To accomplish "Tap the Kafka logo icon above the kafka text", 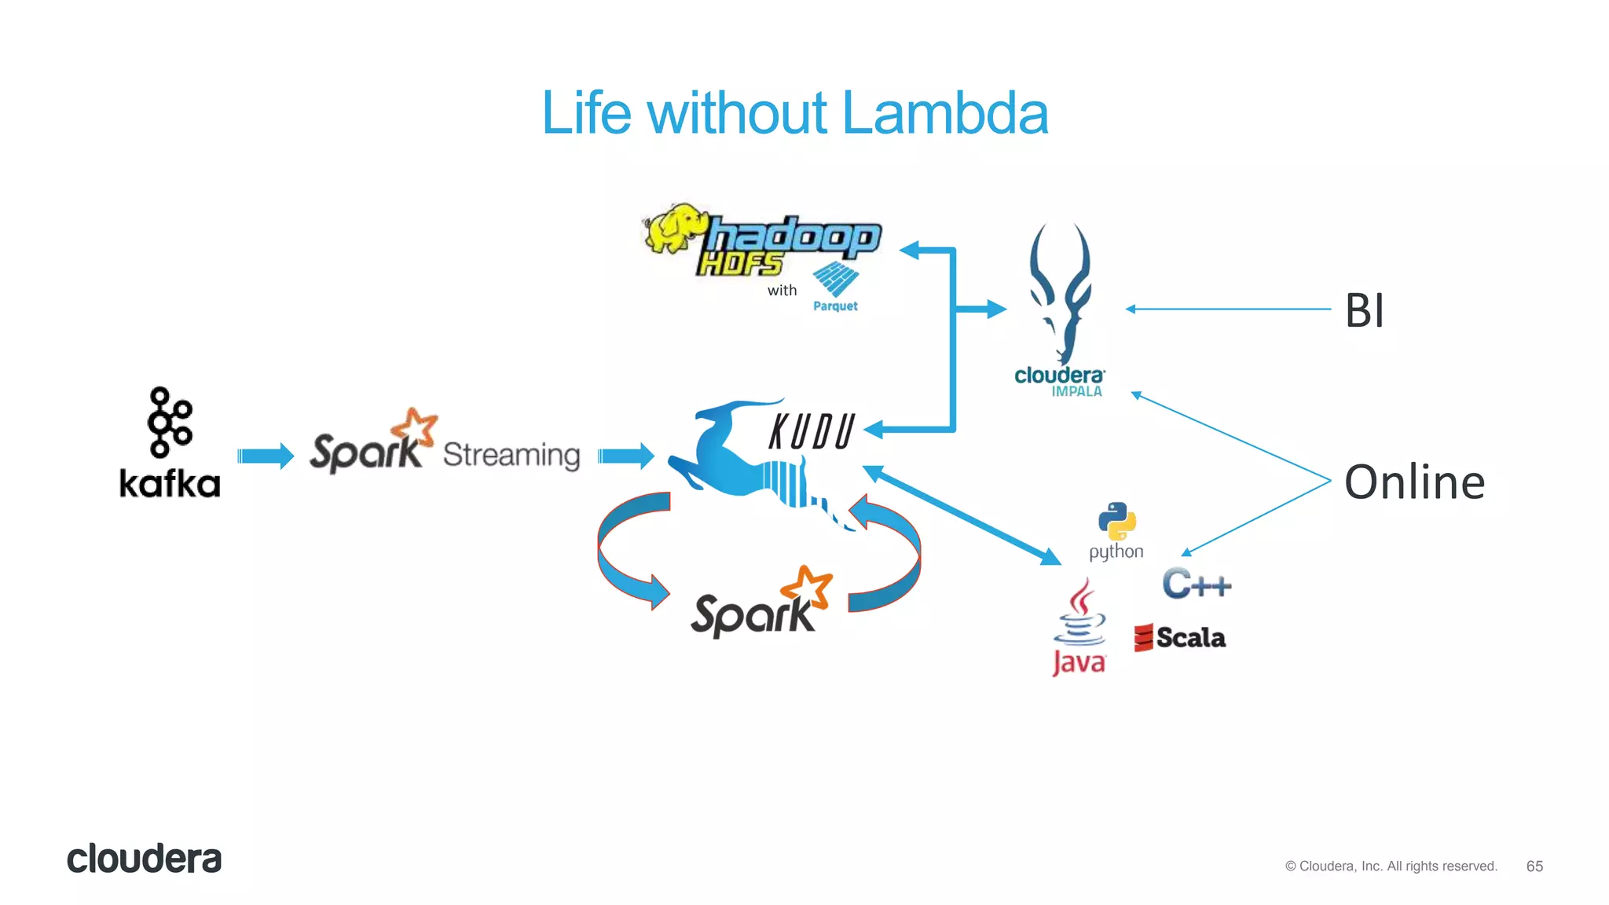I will (x=169, y=422).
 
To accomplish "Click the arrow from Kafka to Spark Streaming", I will (x=266, y=456).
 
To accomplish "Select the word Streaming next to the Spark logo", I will (x=511, y=455).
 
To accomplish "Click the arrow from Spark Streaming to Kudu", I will (x=626, y=456).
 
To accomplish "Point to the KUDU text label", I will (x=812, y=431).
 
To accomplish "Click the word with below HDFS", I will (x=782, y=291).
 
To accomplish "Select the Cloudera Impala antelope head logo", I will (x=1061, y=291).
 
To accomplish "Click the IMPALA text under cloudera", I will (x=1077, y=391).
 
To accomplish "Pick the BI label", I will (x=1365, y=310).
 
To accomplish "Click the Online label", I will (x=1414, y=482).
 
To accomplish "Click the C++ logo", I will (x=1197, y=584).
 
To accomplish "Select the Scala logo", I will (x=1180, y=637).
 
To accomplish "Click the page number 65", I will (x=1534, y=866).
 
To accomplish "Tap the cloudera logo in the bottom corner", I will (x=145, y=859).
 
